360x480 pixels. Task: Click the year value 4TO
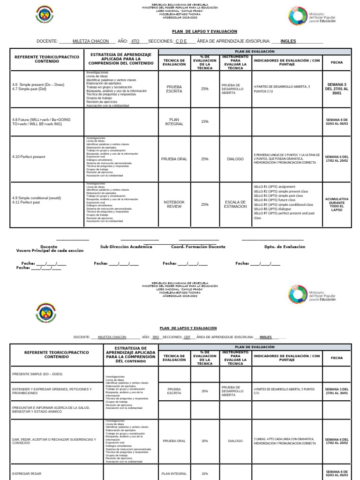135,41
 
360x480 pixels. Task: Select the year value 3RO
156,337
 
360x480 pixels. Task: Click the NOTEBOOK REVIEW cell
174,204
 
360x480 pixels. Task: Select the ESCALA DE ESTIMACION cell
236,204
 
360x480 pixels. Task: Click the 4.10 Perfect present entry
29,157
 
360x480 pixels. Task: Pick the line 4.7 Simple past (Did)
30,89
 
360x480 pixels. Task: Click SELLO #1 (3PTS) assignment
275,187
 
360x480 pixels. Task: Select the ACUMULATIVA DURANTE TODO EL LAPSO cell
337,204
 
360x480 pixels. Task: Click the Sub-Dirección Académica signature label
126,247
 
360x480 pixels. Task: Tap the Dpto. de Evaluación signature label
285,247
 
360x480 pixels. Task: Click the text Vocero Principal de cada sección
50,251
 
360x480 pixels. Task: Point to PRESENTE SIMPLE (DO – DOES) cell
37,374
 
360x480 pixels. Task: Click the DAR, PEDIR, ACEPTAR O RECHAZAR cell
54,441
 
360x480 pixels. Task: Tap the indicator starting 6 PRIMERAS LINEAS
287,158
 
